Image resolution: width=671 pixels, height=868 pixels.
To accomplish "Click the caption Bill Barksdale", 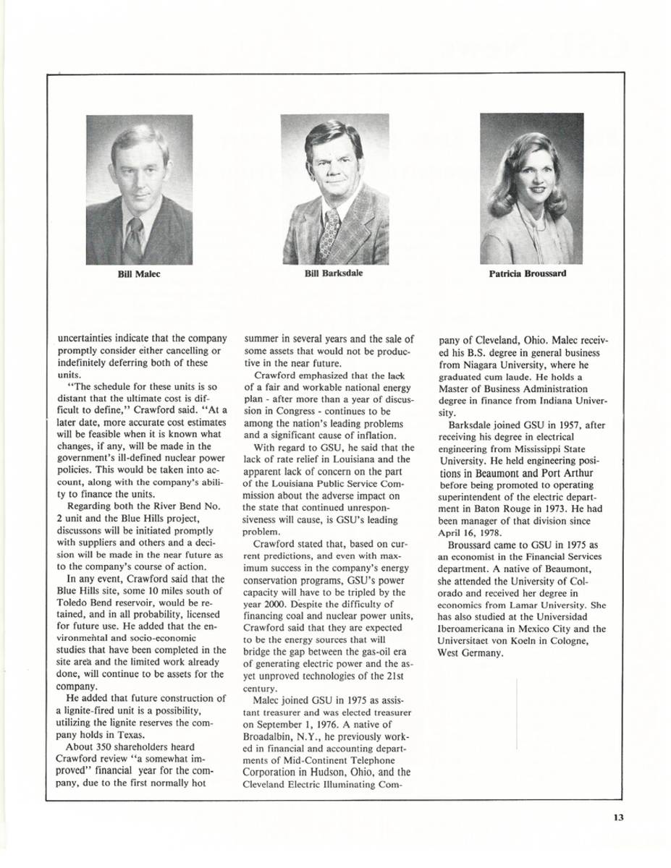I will point(334,273).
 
